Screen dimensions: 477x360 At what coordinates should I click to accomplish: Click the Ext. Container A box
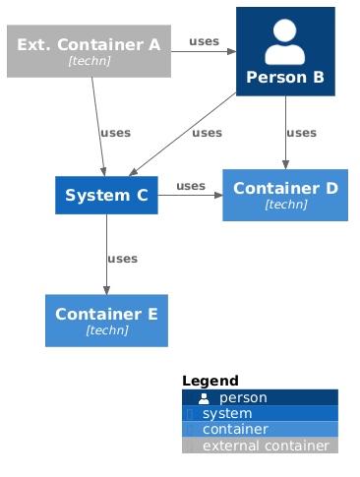point(89,52)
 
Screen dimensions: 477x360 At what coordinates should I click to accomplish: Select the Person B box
point(285,52)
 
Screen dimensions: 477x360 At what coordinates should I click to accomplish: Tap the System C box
point(106,196)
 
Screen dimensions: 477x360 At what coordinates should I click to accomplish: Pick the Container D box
point(285,195)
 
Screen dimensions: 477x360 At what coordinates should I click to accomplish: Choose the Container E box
point(106,321)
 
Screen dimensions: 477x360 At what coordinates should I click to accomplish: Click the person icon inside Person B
point(285,41)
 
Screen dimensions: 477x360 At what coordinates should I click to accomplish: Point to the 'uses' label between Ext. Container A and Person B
point(204,41)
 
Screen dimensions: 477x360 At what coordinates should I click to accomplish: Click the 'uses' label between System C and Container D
point(191,186)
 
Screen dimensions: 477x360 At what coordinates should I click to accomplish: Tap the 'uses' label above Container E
point(122,259)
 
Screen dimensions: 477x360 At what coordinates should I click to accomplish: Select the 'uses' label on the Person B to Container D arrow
point(301,133)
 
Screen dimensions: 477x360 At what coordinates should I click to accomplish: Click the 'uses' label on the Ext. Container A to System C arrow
point(115,133)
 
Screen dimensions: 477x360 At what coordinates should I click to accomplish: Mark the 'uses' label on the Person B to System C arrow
point(207,133)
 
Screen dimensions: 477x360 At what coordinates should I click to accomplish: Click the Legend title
point(210,381)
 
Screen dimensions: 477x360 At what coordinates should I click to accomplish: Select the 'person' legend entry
point(242,397)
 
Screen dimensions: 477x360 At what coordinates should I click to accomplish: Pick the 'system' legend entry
point(226,413)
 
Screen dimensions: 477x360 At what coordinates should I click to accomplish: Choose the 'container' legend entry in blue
point(234,429)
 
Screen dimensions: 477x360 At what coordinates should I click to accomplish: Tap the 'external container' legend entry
point(265,446)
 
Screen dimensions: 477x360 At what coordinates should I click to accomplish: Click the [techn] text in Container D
point(285,205)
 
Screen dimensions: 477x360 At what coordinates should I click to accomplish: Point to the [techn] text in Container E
point(106,330)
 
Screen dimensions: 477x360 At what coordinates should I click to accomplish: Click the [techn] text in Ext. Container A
point(89,61)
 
